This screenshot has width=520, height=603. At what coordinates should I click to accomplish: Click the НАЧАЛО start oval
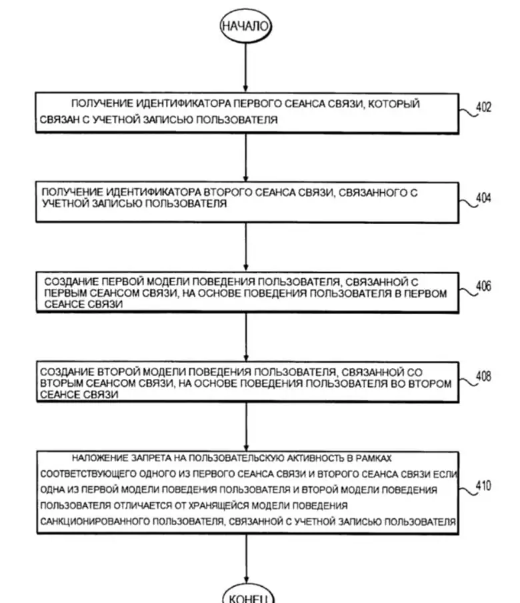tap(245, 26)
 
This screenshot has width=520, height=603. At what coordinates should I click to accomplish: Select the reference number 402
tap(483, 107)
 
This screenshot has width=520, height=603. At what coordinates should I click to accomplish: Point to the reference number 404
tap(483, 197)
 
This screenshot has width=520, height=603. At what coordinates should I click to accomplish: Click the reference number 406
tap(483, 286)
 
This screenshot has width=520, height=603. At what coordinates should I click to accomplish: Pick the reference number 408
tap(483, 376)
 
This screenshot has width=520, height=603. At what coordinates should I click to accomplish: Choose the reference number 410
tap(483, 486)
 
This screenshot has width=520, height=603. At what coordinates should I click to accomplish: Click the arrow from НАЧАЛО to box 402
tap(245, 67)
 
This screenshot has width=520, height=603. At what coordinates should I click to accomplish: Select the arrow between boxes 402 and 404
tap(245, 157)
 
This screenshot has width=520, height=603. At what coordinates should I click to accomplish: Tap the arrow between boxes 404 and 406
tap(245, 247)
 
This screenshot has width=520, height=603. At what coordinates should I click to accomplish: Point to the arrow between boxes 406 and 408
tap(246, 337)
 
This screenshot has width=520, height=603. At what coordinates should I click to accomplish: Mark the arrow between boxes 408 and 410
tap(246, 427)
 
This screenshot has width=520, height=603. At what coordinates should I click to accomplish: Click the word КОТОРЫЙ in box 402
tap(393, 104)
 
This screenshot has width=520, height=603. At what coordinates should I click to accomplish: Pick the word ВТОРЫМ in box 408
tap(61, 384)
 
